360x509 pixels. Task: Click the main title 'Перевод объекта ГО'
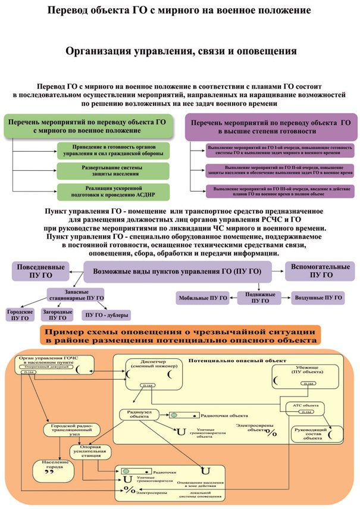[180, 11]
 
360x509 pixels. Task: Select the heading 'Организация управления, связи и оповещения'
[180, 51]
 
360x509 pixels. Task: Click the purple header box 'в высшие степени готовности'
[266, 126]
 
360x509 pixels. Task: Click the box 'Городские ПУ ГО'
[18, 314]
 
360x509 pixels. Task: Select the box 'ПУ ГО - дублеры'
[108, 314]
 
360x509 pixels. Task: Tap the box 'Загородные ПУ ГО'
[58, 314]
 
